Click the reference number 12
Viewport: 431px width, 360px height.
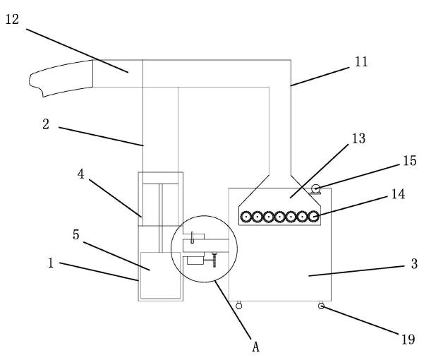[x=13, y=20]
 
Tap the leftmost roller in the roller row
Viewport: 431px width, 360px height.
[x=246, y=217]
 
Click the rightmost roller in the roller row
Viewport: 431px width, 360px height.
[x=312, y=217]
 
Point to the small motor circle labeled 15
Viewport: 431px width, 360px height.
[x=315, y=188]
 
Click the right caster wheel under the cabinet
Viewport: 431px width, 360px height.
[x=321, y=306]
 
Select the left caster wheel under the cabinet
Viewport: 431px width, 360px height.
[x=238, y=306]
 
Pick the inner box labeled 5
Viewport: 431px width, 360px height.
[x=160, y=275]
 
